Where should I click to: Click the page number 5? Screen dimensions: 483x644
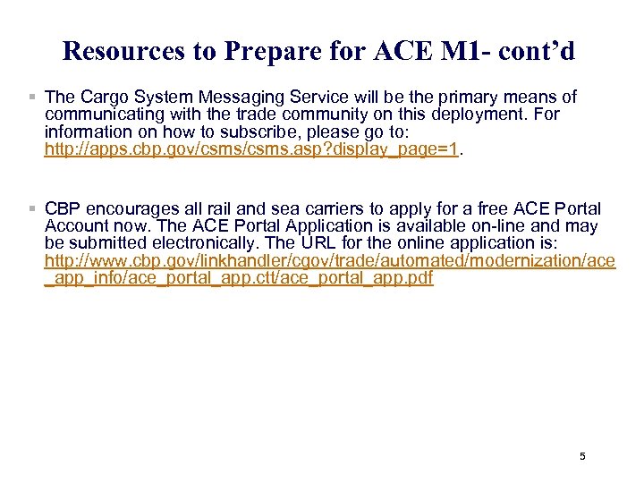click(582, 456)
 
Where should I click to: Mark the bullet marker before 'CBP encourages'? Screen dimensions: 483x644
click(32, 208)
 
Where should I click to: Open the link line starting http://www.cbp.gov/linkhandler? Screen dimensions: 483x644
click(330, 260)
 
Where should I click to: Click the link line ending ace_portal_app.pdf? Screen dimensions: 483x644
click(239, 277)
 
